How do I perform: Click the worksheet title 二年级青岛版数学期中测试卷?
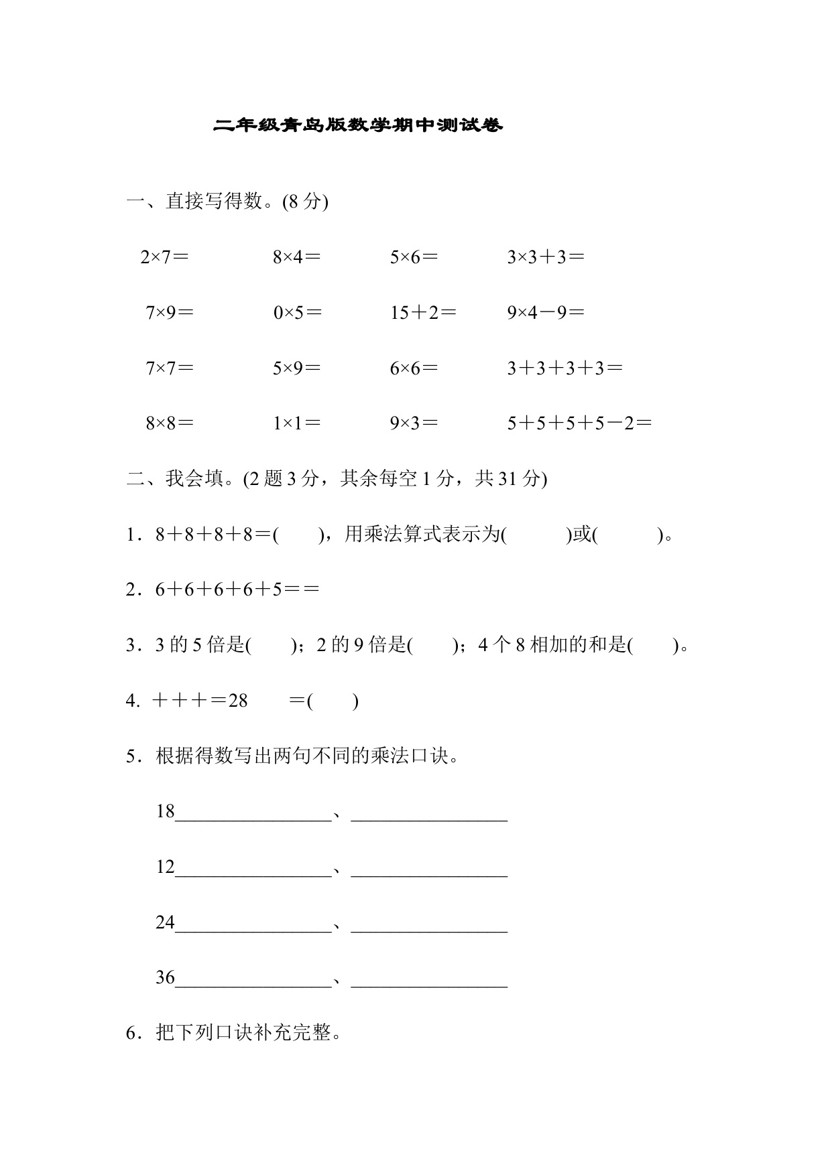pos(357,125)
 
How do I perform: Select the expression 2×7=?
pos(164,257)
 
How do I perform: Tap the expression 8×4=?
pos(296,257)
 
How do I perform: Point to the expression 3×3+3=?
pos(545,257)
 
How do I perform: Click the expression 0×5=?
pos(297,313)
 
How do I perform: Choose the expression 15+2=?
pos(423,313)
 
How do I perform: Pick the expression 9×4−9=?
pos(545,313)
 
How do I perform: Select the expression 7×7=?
pos(170,368)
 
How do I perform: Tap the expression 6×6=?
pos(414,368)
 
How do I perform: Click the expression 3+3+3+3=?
pos(564,368)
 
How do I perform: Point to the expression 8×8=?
pos(170,423)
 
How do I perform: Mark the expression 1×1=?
pos(296,423)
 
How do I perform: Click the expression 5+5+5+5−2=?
pos(579,423)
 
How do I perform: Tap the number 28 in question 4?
pos(238,701)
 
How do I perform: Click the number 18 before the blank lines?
pos(165,812)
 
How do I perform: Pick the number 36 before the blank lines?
pos(165,978)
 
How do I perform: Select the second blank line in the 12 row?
pos(429,874)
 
